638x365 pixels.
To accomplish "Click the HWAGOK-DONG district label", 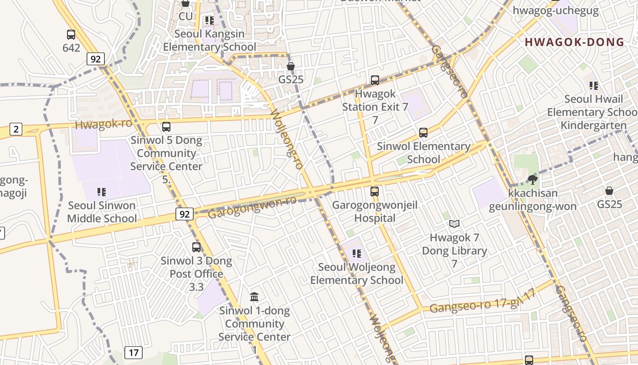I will pyautogui.click(x=574, y=42).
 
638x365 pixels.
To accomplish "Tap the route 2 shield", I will pyautogui.click(x=16, y=129).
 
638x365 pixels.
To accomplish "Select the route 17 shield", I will pyautogui.click(x=133, y=352).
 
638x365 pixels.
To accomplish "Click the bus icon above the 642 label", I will pyautogui.click(x=71, y=35).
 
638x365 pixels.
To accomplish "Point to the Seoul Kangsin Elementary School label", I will pyautogui.click(x=210, y=40).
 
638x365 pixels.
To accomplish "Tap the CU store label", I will pyautogui.click(x=185, y=16).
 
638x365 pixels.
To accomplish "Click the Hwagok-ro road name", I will pyautogui.click(x=103, y=124).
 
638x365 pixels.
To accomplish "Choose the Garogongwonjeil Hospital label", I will pyautogui.click(x=375, y=211).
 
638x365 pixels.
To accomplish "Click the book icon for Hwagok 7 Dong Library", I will pyautogui.click(x=454, y=224).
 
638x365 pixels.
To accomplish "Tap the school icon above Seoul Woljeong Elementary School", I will pyautogui.click(x=356, y=253).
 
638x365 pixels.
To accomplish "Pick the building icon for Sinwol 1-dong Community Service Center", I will pyautogui.click(x=254, y=297).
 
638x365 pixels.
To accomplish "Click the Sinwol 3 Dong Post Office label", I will pyautogui.click(x=196, y=267).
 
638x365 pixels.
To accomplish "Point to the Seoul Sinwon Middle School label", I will pyautogui.click(x=102, y=212).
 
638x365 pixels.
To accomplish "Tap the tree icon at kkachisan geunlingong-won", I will pyautogui.click(x=532, y=179).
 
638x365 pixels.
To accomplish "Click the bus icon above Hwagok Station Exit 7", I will pyautogui.click(x=375, y=80).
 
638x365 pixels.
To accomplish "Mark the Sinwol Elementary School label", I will pyautogui.click(x=423, y=153).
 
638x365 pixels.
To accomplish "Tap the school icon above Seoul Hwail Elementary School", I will pyautogui.click(x=593, y=85).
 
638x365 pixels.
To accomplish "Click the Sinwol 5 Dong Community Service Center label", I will pyautogui.click(x=166, y=153).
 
